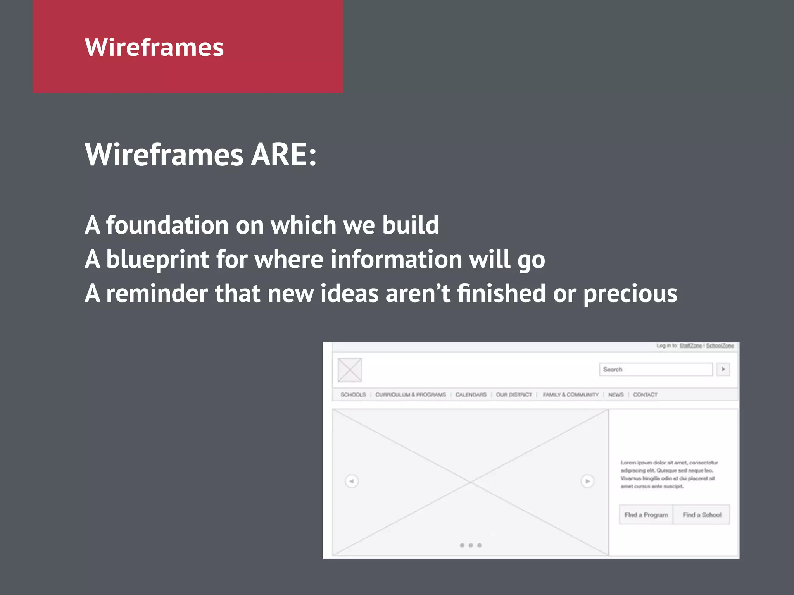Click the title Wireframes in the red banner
pyautogui.click(x=154, y=47)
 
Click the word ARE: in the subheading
pyautogui.click(x=283, y=155)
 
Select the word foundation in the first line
pyautogui.click(x=167, y=225)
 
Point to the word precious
pyautogui.click(x=630, y=293)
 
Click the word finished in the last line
pyautogui.click(x=501, y=293)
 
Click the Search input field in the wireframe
pyautogui.click(x=656, y=369)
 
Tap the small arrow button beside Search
pyautogui.click(x=723, y=369)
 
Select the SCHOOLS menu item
pyautogui.click(x=353, y=394)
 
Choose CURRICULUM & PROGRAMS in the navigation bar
pyautogui.click(x=410, y=394)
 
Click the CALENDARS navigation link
pyautogui.click(x=471, y=394)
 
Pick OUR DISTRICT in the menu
pyautogui.click(x=514, y=394)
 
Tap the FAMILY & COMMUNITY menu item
pyautogui.click(x=570, y=394)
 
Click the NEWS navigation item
pyautogui.click(x=616, y=394)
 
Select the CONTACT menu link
pyautogui.click(x=645, y=394)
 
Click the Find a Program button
pyautogui.click(x=646, y=514)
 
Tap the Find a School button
pyautogui.click(x=702, y=514)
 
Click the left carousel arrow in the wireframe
pyautogui.click(x=352, y=481)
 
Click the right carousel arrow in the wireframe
pyautogui.click(x=587, y=481)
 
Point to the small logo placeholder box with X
pyautogui.click(x=349, y=370)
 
